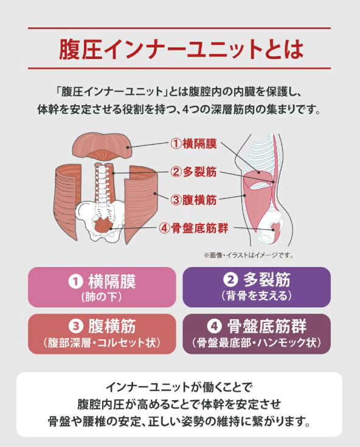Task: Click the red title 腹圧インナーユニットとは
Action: (181, 49)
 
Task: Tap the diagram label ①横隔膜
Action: (193, 144)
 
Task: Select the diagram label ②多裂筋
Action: (193, 172)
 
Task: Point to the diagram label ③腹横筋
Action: (193, 200)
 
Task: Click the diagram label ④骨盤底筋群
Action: (193, 228)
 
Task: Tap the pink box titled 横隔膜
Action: (102, 287)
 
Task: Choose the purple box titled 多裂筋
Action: (257, 287)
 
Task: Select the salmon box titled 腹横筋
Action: (102, 334)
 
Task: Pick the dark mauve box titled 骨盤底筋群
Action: (257, 334)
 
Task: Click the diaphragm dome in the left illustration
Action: (101, 146)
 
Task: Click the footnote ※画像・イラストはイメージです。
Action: (248, 255)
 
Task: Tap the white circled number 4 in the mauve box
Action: (214, 327)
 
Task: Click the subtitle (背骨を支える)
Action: (257, 296)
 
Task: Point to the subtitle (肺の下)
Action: (102, 297)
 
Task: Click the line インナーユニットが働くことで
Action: (179, 387)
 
